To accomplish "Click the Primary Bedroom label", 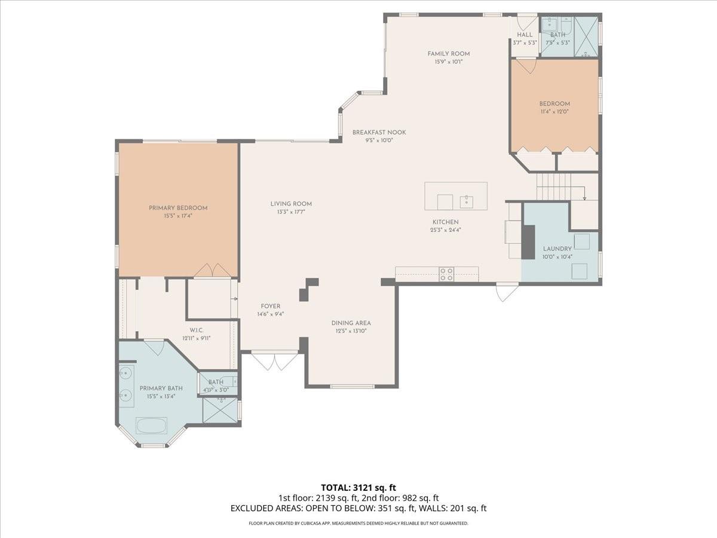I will coord(178,208).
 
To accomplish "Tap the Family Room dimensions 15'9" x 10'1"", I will coord(449,62).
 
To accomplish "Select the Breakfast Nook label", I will coord(379,132).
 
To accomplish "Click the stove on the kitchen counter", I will coord(446,274).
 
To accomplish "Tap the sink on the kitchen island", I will coord(466,202).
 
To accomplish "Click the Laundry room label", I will coord(557,249).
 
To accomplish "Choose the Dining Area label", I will coord(351,323).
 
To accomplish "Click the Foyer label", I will coord(270,306).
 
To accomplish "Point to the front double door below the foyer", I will coord(274,360).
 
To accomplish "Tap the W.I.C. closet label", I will coord(197,330).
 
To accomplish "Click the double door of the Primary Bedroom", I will coord(212,271).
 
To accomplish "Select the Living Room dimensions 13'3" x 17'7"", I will coord(291,212).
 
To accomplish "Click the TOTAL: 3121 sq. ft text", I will coord(358,487).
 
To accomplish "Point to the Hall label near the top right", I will coord(525,35).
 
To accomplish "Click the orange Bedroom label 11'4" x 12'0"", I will coord(554,103).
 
